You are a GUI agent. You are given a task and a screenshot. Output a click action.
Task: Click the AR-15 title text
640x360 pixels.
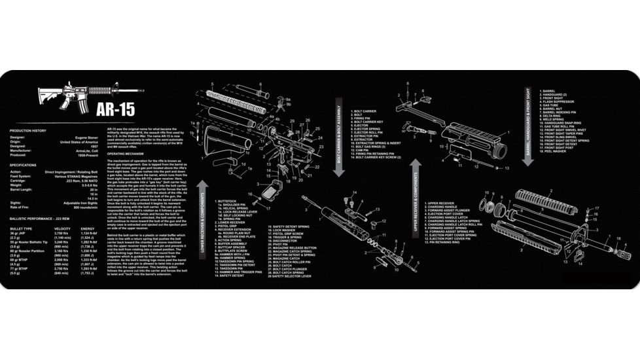[115, 108]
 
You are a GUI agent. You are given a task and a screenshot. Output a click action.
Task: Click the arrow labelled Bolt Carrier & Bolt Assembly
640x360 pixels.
[339, 137]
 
